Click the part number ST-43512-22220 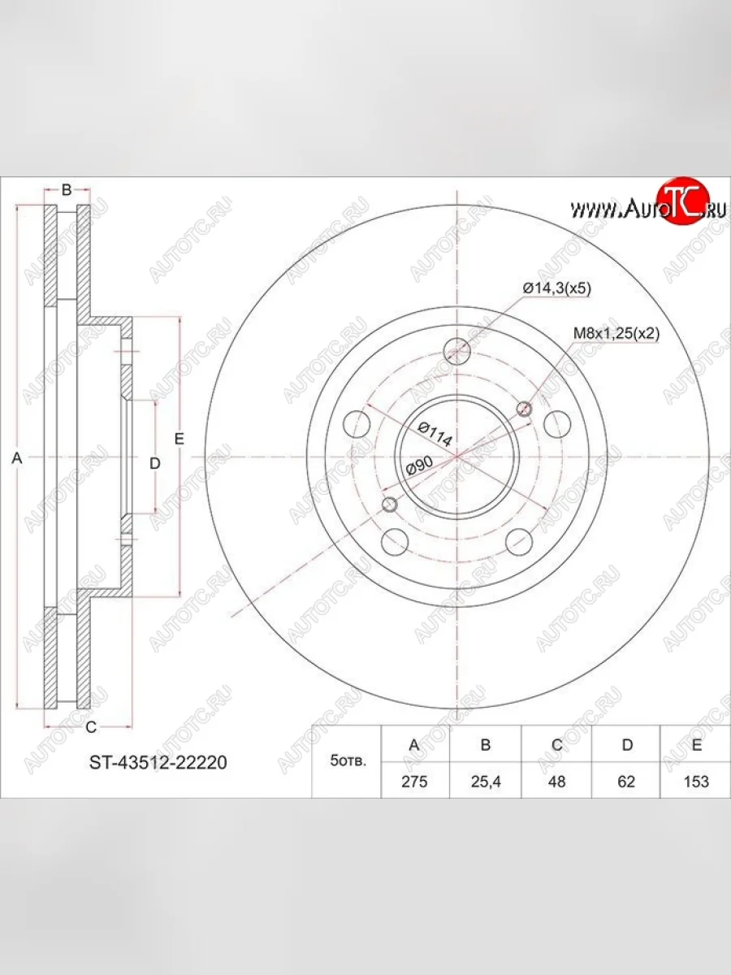tap(158, 763)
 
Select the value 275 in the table tap(414, 782)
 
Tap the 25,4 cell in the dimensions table tap(485, 782)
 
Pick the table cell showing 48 tap(556, 782)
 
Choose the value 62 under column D tap(626, 782)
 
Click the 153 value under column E tap(696, 782)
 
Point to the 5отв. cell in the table tap(348, 762)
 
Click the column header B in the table tap(485, 745)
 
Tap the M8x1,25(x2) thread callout tap(616, 333)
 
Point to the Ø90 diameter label tap(419, 466)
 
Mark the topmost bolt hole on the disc tap(458, 351)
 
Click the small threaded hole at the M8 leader tap(525, 409)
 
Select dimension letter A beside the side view tap(16, 458)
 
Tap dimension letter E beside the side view tap(180, 439)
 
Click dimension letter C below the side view tap(91, 726)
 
